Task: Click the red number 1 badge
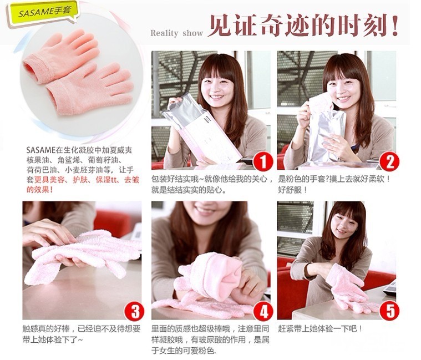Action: pyautogui.click(x=263, y=161)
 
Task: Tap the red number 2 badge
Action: pyautogui.click(x=389, y=161)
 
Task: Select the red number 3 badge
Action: pyautogui.click(x=134, y=311)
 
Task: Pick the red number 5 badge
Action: pyautogui.click(x=389, y=311)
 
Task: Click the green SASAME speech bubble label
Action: pyautogui.click(x=43, y=13)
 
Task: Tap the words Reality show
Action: pyautogui.click(x=176, y=33)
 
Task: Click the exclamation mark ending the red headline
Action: pyautogui.click(x=395, y=26)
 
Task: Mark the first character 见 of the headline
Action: pyautogui.click(x=220, y=26)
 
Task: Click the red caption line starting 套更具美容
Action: pyautogui.click(x=83, y=180)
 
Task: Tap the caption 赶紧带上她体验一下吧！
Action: pyautogui.click(x=320, y=328)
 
